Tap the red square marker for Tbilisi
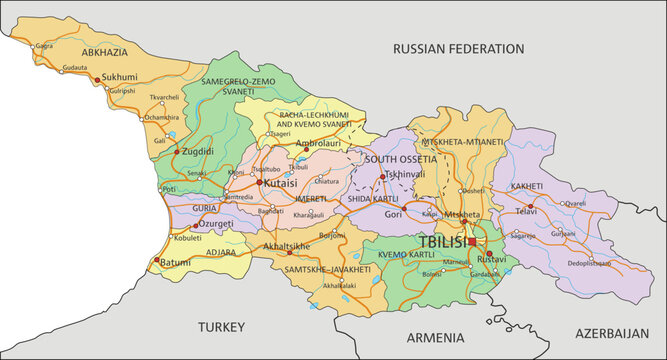coord(472,242)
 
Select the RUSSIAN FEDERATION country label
coord(458,48)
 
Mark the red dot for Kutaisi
coord(259,183)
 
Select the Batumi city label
coord(176,263)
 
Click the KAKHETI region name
coord(526,187)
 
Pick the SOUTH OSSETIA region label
coord(400,159)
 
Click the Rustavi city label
coord(492,259)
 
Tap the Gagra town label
coord(44,46)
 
